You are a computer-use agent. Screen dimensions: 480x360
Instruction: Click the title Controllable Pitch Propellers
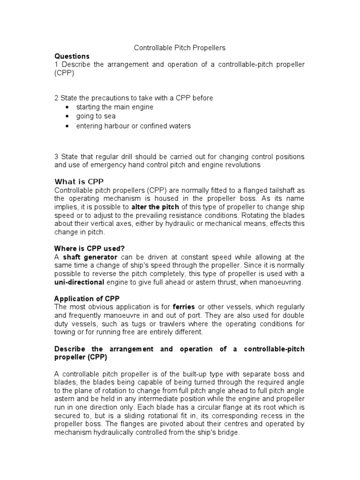point(180,48)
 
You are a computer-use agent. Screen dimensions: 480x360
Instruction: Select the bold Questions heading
point(72,56)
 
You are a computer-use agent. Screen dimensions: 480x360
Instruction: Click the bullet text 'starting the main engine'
point(114,107)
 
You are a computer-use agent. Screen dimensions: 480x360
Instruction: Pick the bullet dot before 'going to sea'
point(68,117)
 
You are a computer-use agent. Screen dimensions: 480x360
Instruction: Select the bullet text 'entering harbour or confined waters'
point(133,126)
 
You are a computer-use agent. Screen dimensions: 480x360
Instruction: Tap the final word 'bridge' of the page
point(228,433)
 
